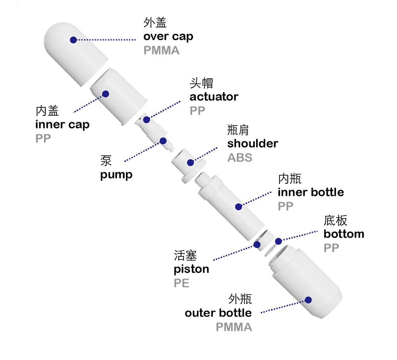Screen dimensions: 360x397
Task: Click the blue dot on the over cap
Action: point(73,40)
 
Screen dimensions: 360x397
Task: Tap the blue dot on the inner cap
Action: point(106,94)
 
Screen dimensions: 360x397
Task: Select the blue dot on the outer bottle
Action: point(308,300)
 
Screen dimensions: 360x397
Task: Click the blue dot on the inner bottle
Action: point(239,207)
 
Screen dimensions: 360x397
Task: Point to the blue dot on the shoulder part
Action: point(191,162)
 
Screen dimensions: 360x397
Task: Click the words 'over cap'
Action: point(168,37)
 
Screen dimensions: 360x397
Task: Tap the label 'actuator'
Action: point(214,97)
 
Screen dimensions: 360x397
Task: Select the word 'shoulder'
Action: point(252,143)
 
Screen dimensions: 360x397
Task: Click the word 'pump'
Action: point(116,175)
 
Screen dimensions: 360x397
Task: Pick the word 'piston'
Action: point(191,269)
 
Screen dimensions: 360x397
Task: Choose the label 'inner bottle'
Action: point(310,192)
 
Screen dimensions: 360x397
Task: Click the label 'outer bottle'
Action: point(218,313)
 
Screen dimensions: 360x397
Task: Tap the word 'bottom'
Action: point(343,234)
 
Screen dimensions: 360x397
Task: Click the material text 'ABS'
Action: point(239,157)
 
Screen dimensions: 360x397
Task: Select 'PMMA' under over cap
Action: point(161,51)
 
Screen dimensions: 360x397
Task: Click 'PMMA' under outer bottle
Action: point(234,327)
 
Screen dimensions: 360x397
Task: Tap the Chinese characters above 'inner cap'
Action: point(47,110)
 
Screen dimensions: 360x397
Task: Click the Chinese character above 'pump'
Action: point(106,161)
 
